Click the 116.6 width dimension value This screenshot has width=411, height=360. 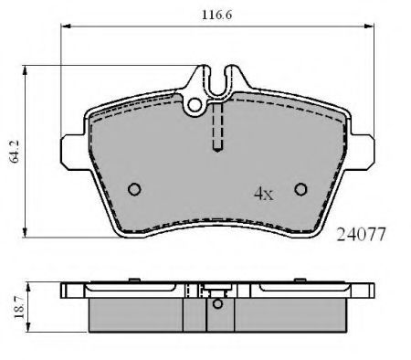click(216, 15)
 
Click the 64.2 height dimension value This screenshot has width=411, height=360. click(15, 152)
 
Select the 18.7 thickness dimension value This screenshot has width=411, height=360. click(19, 307)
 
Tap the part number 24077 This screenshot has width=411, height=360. click(361, 235)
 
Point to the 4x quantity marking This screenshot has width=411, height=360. click(264, 194)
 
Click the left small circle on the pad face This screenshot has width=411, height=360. click(134, 189)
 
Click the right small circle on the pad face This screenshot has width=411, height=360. click(300, 189)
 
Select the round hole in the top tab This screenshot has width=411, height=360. click(195, 105)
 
